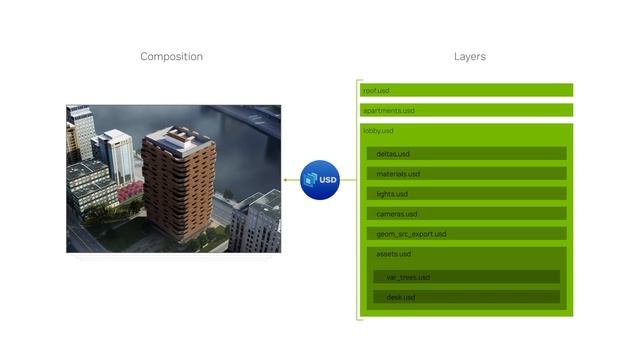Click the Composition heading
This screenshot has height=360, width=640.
(171, 57)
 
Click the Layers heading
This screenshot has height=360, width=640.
(469, 57)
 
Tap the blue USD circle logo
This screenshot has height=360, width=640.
(321, 180)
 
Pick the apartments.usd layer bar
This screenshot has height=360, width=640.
(466, 110)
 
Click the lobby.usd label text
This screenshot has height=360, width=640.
(378, 131)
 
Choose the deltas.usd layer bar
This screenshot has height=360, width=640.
(466, 154)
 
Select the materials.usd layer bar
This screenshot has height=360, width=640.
(466, 174)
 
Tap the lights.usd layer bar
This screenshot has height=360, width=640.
(466, 194)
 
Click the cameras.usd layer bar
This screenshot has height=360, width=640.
(466, 214)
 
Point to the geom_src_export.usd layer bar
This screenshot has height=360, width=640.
(466, 234)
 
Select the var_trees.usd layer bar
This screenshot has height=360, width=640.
(466, 277)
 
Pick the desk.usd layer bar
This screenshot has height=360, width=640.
(466, 297)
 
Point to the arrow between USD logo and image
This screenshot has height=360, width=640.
(291, 180)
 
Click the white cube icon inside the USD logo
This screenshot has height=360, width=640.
(312, 180)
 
